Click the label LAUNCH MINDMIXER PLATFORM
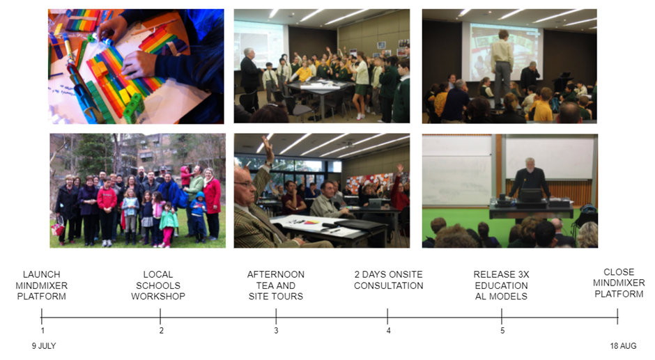click(x=41, y=285)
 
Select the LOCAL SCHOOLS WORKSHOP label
click(x=158, y=285)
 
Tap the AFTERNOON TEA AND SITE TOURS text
click(x=276, y=285)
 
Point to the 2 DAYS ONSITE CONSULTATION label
click(x=389, y=280)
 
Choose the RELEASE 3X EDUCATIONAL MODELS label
click(x=501, y=285)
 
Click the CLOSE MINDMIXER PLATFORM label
click(x=619, y=283)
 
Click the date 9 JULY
click(x=44, y=346)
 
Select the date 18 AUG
click(x=623, y=346)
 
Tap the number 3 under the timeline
click(x=276, y=330)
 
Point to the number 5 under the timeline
click(x=502, y=330)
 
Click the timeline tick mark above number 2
click(x=160, y=317)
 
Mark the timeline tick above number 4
click(x=387, y=317)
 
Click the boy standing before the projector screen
click(x=502, y=67)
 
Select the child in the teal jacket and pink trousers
click(x=169, y=225)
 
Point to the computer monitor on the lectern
click(x=530, y=196)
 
